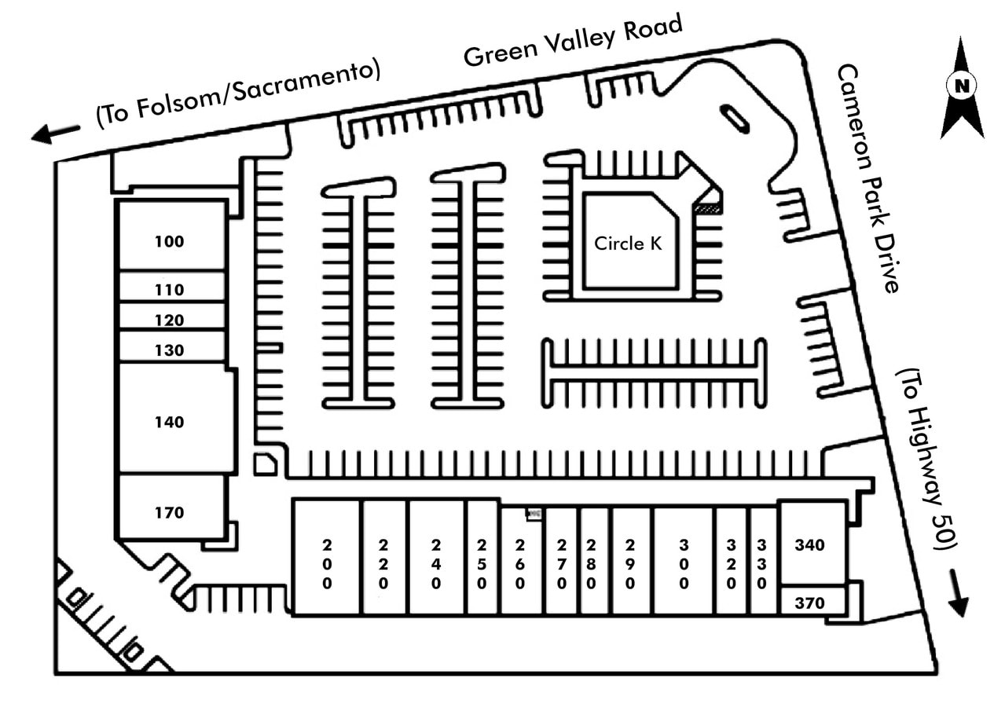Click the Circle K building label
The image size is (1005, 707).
click(628, 244)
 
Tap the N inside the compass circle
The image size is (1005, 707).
click(962, 86)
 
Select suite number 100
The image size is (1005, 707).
click(169, 242)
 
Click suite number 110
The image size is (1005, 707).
click(169, 290)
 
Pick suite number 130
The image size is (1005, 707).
click(169, 350)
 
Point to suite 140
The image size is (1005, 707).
click(169, 422)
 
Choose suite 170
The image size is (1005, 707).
click(169, 513)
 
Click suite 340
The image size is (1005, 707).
click(810, 545)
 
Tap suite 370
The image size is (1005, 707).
click(810, 603)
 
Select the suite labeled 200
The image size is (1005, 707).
click(327, 564)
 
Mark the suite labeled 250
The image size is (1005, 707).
click(482, 564)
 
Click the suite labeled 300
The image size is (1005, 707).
click(684, 564)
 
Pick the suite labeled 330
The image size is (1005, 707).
click(761, 564)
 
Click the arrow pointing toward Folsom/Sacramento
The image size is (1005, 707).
click(55, 134)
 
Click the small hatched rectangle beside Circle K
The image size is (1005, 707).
click(707, 208)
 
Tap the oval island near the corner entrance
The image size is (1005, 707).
click(735, 119)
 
